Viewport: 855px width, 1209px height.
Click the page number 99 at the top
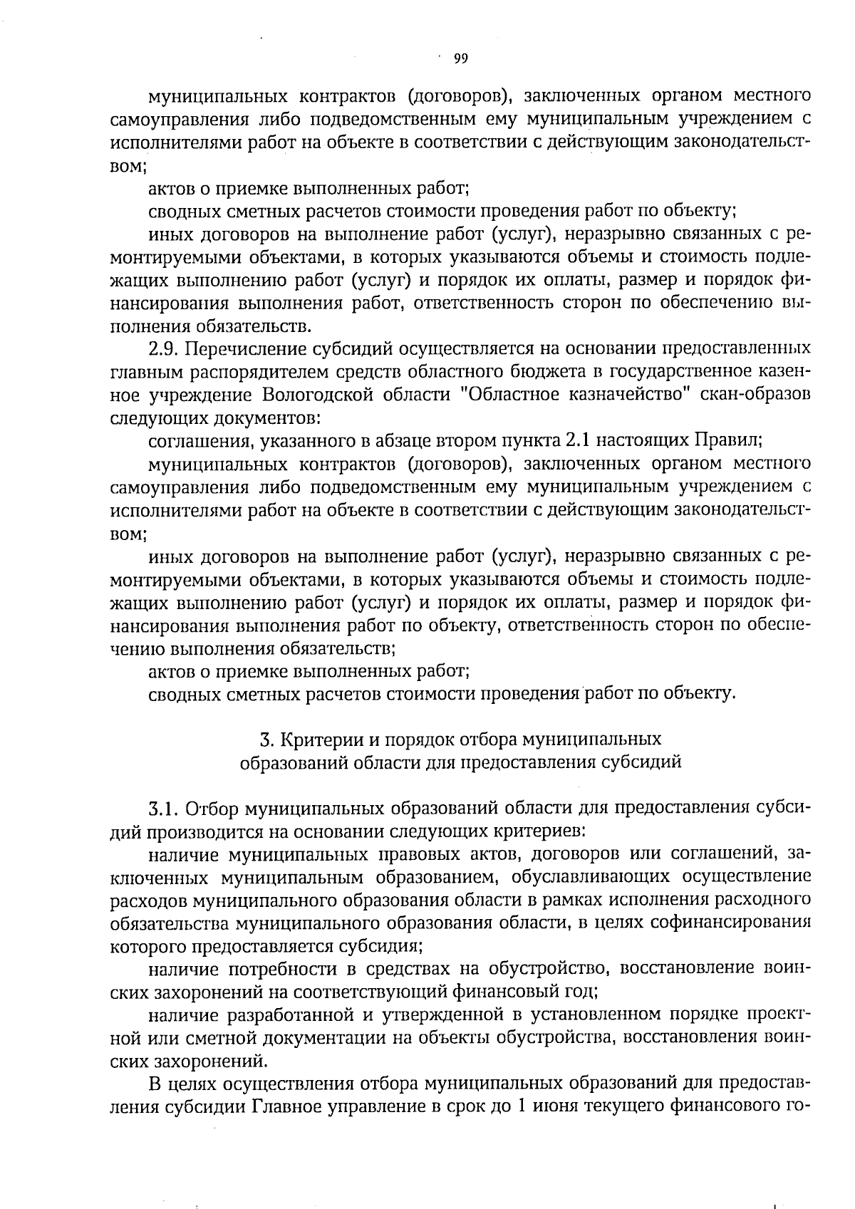(x=460, y=59)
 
